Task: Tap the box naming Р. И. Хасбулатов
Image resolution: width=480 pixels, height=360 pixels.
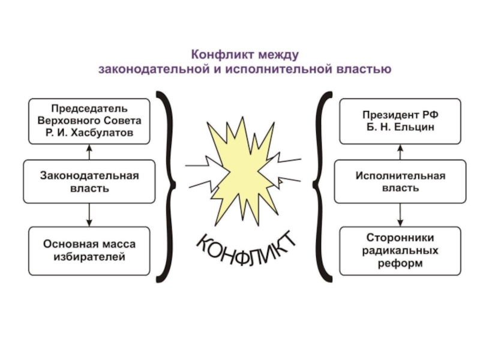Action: click(89, 121)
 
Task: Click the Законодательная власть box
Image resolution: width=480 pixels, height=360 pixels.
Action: click(89, 181)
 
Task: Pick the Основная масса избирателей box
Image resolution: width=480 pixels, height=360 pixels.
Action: click(89, 250)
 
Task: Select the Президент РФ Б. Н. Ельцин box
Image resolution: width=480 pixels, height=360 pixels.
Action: click(400, 121)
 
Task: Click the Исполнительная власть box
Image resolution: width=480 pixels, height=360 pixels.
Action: click(400, 181)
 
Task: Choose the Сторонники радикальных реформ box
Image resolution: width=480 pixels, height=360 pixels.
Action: click(400, 250)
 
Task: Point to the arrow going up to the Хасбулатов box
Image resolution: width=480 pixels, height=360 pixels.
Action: click(89, 152)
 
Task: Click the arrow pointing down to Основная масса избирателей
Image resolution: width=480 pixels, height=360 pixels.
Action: click(89, 214)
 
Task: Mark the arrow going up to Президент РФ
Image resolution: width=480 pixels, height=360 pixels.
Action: click(400, 152)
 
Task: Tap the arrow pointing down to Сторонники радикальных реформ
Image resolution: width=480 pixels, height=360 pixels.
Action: click(400, 214)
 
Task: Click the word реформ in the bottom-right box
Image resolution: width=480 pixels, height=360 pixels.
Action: click(400, 263)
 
